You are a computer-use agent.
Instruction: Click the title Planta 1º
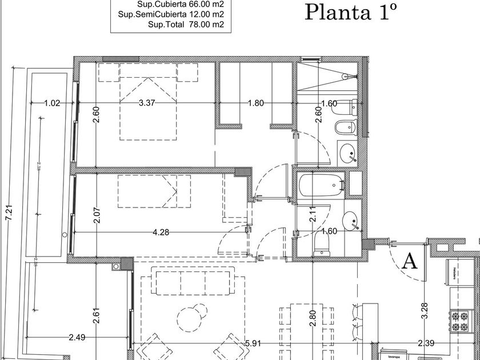click(x=350, y=11)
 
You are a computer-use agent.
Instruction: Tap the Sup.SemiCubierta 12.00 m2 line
click(x=172, y=14)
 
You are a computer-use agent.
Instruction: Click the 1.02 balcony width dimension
click(x=52, y=103)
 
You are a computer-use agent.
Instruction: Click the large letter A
click(x=409, y=261)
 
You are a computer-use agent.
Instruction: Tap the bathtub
click(x=321, y=185)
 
